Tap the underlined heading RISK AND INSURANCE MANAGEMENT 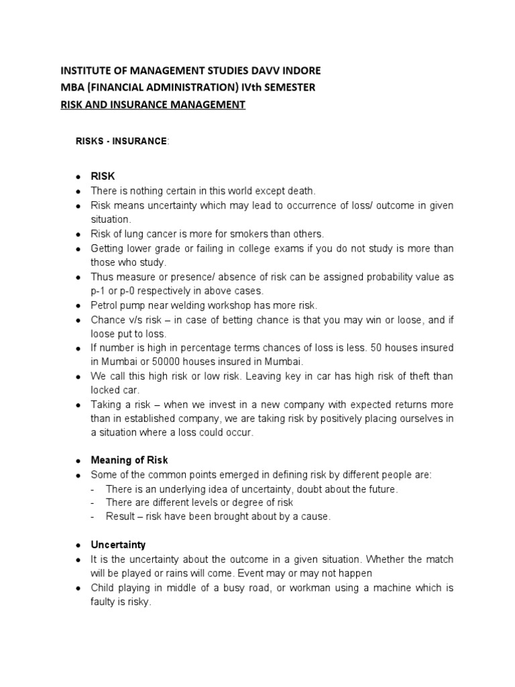[x=153, y=105]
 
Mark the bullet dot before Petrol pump [x=78, y=306]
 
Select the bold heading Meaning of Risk [x=129, y=460]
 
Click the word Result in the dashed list [x=119, y=517]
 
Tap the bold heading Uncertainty [x=118, y=545]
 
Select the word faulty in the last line [x=104, y=602]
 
